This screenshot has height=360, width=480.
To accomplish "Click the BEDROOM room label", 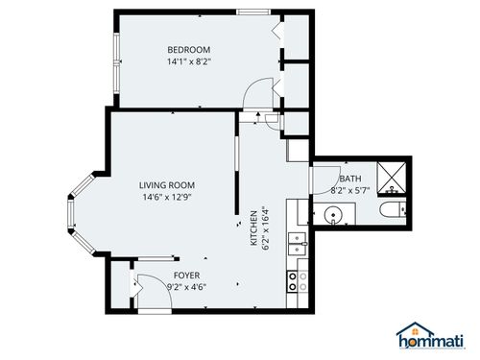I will click(188, 50).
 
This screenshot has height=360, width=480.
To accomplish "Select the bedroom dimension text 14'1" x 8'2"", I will click(188, 62).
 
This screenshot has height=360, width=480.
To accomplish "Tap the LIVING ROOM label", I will click(167, 186).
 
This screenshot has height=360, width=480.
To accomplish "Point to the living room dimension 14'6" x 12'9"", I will click(167, 199).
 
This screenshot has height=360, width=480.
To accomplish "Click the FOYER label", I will click(186, 275).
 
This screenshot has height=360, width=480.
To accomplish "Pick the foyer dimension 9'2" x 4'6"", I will click(186, 286).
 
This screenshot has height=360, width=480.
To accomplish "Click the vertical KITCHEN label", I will click(254, 228).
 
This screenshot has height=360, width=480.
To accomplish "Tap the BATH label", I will click(349, 179).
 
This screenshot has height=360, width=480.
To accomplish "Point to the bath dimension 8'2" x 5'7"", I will click(349, 190).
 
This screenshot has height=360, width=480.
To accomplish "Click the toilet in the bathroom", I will click(392, 211).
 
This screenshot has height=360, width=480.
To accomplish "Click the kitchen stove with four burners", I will click(297, 280).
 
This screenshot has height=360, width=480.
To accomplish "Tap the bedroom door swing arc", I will click(259, 93).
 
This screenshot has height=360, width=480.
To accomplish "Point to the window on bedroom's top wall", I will click(252, 12).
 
